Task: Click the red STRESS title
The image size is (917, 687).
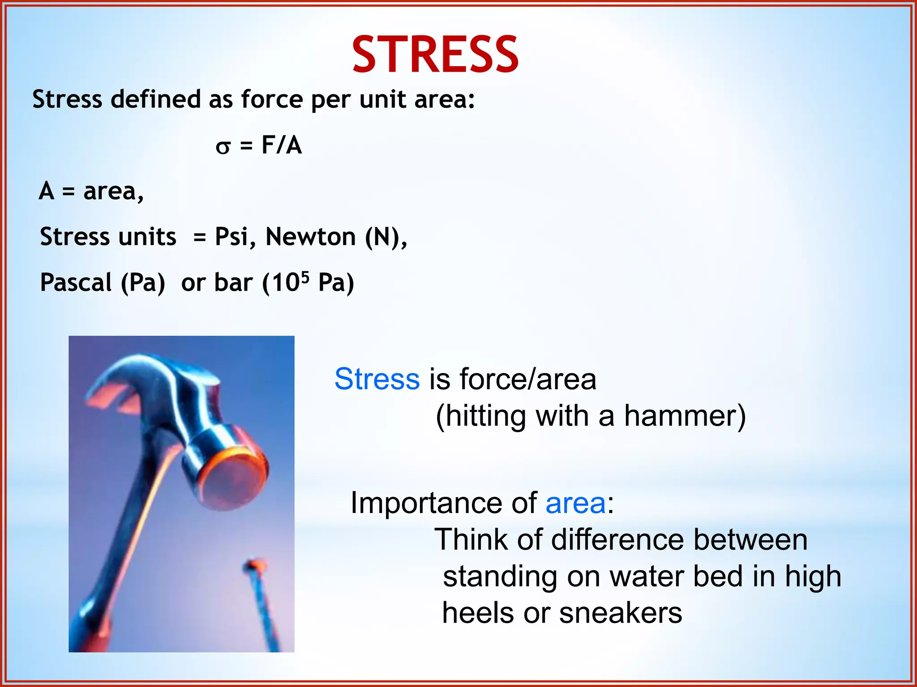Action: coord(435,55)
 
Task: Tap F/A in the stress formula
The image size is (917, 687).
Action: coord(281,145)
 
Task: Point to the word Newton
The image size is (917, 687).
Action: coord(310,237)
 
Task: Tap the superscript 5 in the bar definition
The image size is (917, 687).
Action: coord(305,277)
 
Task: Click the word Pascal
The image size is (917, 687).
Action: coord(76,283)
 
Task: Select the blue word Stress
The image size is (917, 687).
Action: coord(377,379)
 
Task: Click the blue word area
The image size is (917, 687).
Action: coord(575,503)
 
